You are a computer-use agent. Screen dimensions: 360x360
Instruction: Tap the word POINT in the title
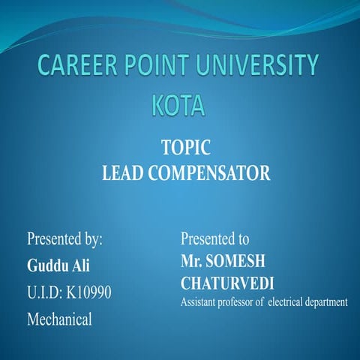pyautogui.click(x=166, y=66)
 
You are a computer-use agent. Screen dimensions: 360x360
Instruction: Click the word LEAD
pyautogui.click(x=121, y=174)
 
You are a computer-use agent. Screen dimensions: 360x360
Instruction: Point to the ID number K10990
pyautogui.click(x=90, y=292)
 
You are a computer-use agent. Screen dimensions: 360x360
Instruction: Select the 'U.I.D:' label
pyautogui.click(x=44, y=292)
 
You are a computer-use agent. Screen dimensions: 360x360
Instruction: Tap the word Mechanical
pyautogui.click(x=59, y=319)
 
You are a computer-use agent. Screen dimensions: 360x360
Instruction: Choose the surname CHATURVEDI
pyautogui.click(x=227, y=284)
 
